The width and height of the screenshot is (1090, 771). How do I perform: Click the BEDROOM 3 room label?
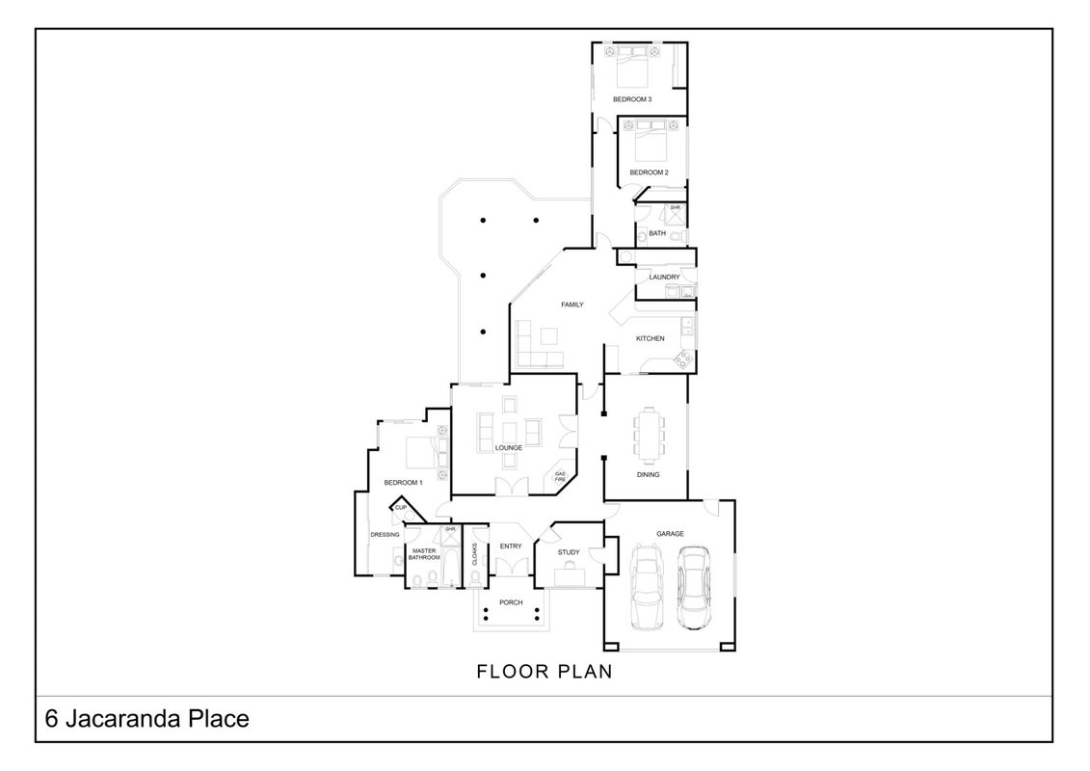click(632, 99)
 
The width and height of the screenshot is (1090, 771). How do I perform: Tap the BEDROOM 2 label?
click(649, 173)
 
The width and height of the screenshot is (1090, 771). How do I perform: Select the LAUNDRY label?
click(664, 277)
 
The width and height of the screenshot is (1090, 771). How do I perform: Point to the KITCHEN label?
click(650, 338)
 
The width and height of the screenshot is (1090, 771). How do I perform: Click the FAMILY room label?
click(572, 305)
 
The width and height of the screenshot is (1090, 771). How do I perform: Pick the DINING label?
click(648, 475)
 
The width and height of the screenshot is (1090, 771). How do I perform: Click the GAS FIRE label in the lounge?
click(560, 476)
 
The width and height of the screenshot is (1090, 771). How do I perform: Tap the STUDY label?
click(569, 552)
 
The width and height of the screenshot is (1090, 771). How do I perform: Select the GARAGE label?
click(670, 534)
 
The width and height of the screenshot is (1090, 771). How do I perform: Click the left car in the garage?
click(646, 587)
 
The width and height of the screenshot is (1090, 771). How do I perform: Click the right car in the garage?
click(693, 588)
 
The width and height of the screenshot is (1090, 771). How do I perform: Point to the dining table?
click(649, 437)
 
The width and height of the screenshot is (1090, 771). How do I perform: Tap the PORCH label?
click(511, 602)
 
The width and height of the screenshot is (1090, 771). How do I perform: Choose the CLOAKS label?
click(475, 554)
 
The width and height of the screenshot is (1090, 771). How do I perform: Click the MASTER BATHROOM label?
click(424, 554)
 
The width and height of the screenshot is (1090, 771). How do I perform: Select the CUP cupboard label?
click(400, 508)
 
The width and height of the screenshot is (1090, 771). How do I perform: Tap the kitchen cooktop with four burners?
click(684, 359)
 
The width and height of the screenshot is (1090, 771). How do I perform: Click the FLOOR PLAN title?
click(545, 672)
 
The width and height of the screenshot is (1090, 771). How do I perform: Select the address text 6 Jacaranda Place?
click(146, 718)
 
